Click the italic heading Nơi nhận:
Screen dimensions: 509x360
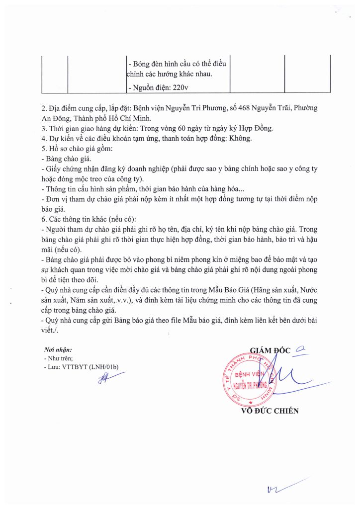point(58,350)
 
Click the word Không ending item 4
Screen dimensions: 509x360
point(241,138)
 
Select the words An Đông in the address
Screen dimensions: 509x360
point(56,118)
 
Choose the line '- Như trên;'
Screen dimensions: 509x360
point(59,358)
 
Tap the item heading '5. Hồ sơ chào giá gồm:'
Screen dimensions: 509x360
point(77,149)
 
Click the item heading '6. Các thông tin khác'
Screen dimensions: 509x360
point(76,219)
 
